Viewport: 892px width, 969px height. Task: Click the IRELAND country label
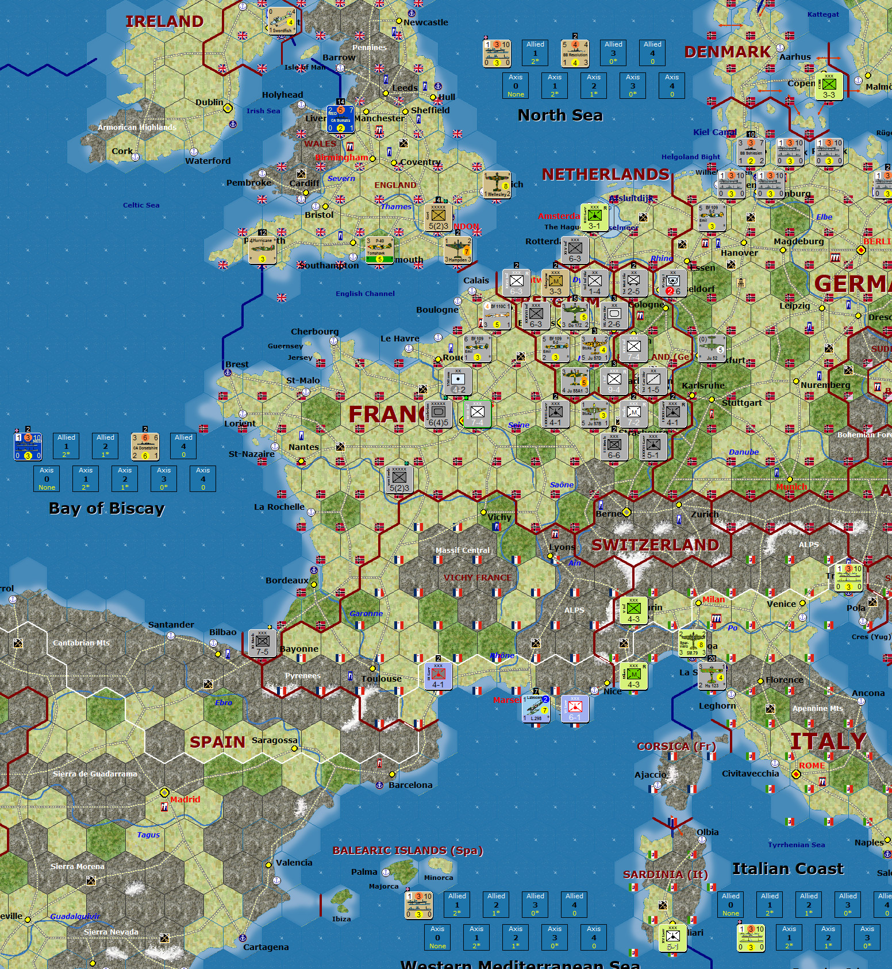164,21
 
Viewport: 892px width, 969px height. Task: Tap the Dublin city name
209,102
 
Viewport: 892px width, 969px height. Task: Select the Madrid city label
185,799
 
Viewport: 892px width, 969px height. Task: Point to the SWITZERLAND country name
655,545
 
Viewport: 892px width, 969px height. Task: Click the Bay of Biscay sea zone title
107,509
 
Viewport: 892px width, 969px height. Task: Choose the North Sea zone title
560,116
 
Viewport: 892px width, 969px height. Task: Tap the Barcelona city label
410,785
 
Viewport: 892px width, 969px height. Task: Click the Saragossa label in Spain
275,740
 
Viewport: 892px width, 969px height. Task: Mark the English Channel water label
365,294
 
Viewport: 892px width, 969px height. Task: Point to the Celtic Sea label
141,205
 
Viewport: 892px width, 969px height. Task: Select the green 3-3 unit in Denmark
829,87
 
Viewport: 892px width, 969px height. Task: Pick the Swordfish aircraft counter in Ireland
282,21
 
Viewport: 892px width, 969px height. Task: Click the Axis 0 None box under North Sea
516,86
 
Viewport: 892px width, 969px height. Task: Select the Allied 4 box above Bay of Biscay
183,446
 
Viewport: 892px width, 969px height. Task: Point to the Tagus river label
148,835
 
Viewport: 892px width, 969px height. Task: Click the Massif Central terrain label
463,551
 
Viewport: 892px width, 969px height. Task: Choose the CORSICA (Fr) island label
676,747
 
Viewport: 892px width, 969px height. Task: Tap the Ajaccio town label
650,775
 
